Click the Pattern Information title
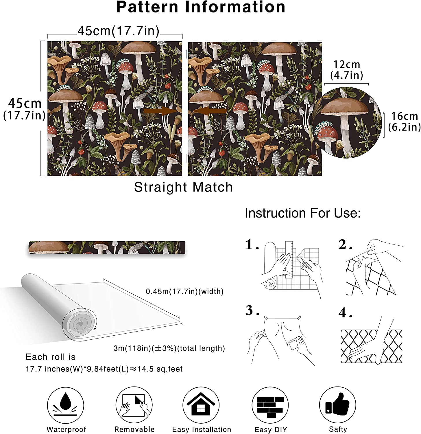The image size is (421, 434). [x=201, y=7]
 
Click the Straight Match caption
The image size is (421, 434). [x=183, y=187]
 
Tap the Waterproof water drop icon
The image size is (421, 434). [x=66, y=405]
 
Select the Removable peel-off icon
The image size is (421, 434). [x=134, y=405]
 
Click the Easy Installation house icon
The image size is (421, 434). [x=201, y=405]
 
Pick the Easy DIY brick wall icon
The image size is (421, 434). [x=270, y=407]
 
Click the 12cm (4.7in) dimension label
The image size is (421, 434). [x=347, y=70]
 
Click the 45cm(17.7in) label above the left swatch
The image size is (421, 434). [x=118, y=31]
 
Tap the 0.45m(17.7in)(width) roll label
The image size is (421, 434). [x=184, y=291]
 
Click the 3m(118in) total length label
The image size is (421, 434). [x=169, y=348]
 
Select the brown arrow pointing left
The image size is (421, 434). [x=209, y=111]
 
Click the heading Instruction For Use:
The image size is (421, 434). [x=303, y=213]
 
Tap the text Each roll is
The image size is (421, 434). [x=51, y=357]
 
